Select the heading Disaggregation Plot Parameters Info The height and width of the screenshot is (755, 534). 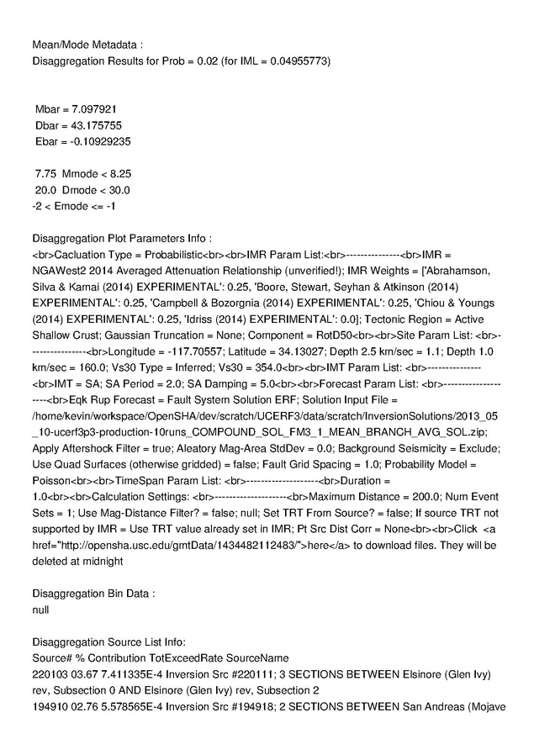point(121,238)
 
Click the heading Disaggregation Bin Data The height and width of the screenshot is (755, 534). point(93,594)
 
